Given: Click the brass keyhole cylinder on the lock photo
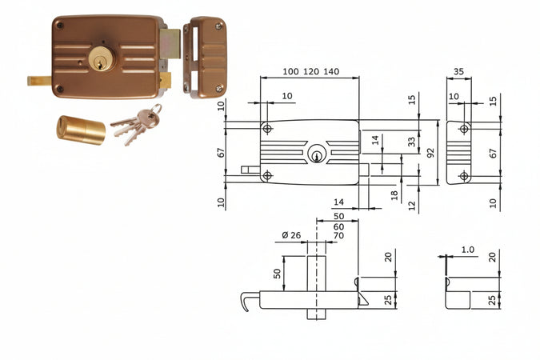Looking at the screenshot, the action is coord(102,59).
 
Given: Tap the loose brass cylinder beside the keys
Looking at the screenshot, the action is coord(81,130).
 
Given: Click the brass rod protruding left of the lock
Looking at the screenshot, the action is coord(40,81).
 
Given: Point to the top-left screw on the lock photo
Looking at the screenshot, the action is coord(60,25).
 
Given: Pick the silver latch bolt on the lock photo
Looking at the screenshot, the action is coord(170,44).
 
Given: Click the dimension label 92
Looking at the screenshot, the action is coord(430,152).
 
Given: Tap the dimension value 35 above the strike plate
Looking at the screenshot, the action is coord(458,72).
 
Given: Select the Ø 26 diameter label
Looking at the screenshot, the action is coord(291,235).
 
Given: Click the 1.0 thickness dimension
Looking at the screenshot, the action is coord(468,250).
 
